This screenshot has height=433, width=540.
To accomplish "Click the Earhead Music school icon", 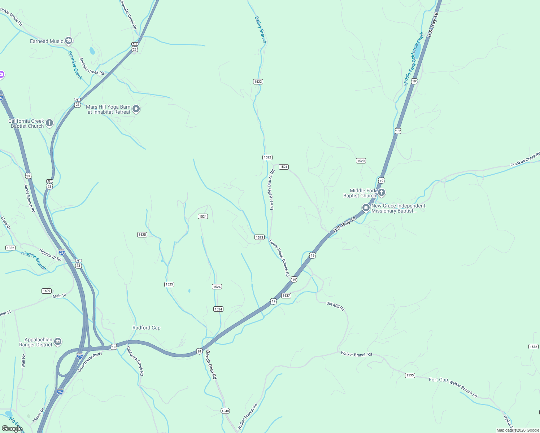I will click(x=69, y=41).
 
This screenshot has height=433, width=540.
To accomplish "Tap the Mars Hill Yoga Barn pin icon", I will click(x=136, y=109).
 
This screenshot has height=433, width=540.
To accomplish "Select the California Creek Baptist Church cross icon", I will click(x=49, y=123).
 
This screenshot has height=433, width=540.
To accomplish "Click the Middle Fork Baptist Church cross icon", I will click(x=381, y=193).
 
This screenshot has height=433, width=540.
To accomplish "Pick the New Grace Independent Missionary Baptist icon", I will click(x=366, y=208).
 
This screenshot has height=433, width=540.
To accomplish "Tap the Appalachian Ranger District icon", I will click(x=58, y=342).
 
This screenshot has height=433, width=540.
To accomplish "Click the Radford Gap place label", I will click(x=146, y=328).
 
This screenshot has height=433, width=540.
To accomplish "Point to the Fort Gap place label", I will click(x=438, y=380).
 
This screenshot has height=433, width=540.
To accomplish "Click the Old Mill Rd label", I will click(x=335, y=306).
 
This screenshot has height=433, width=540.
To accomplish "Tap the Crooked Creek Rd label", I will click(x=525, y=159).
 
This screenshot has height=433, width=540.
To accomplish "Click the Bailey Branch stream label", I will click(x=260, y=30).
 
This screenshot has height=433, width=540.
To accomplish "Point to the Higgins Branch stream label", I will click(x=34, y=260).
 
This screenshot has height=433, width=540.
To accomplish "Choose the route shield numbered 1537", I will click(x=286, y=296).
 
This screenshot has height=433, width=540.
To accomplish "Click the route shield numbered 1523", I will click(x=259, y=237).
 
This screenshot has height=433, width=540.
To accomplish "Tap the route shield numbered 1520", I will click(x=361, y=161).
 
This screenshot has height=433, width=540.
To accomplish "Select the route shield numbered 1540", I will click(x=225, y=411).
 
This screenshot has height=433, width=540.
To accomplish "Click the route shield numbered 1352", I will click(x=10, y=248).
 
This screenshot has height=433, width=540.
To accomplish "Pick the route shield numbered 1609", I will click(x=47, y=291).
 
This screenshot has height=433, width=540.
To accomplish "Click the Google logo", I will click(x=12, y=428).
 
